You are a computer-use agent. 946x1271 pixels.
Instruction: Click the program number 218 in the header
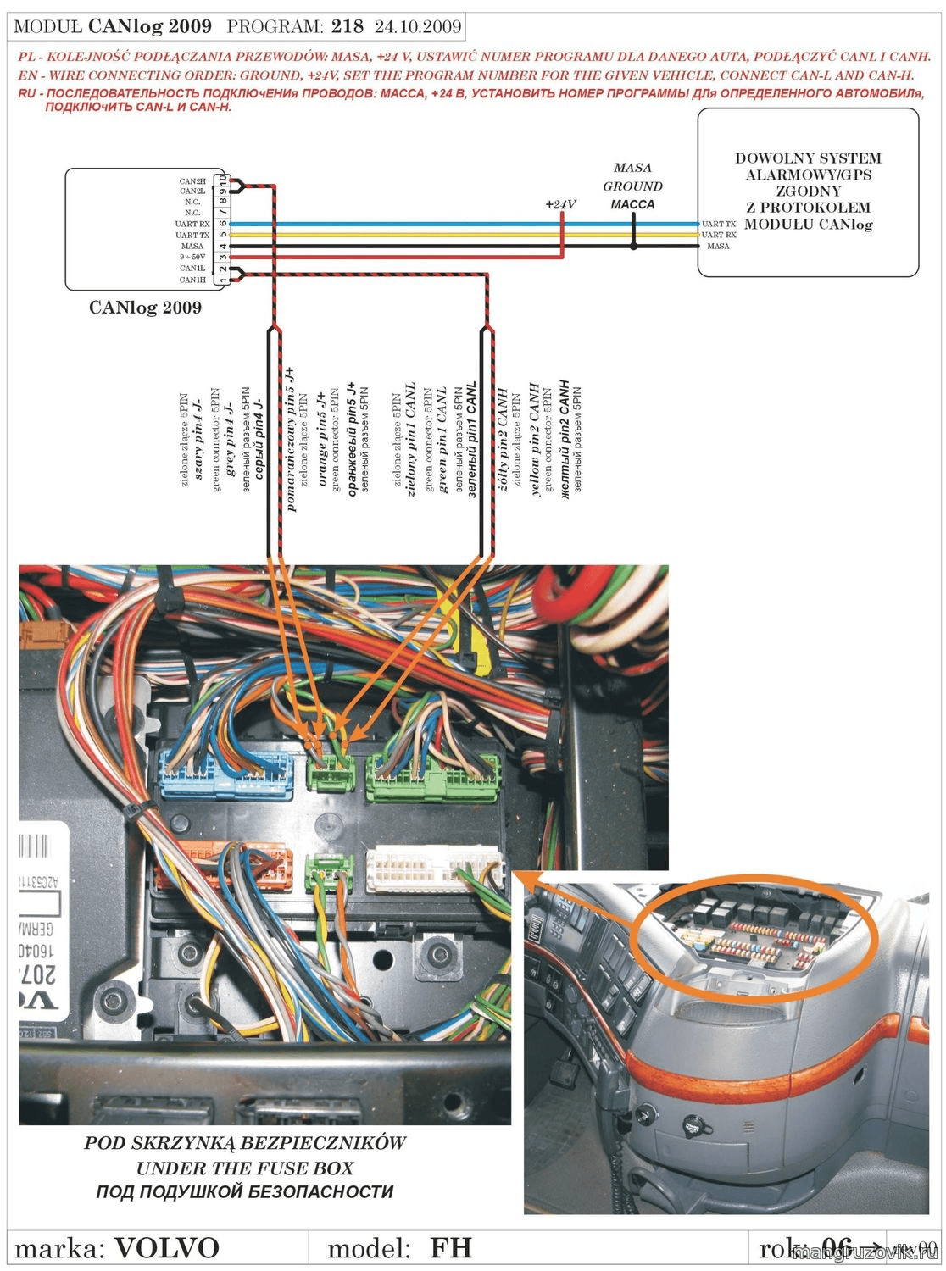coord(348,26)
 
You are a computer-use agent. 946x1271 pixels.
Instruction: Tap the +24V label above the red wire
coord(560,204)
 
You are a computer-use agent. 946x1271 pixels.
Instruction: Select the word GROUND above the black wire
coord(632,186)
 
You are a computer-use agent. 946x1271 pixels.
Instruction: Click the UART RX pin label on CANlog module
coord(192,224)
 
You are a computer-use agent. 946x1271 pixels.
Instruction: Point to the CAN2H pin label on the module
coord(192,181)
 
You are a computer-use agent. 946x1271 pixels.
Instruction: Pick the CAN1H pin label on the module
coord(192,280)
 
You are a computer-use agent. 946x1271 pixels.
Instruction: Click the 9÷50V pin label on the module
coord(192,257)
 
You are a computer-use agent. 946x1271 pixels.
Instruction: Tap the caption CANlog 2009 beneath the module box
coord(145,308)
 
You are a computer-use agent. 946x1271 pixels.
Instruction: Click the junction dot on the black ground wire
coord(633,247)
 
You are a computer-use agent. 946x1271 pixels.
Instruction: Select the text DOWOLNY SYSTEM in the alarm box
coord(808,158)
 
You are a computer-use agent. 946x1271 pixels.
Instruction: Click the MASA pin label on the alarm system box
coord(718,247)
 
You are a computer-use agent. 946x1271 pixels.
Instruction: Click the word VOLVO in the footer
coord(166,1248)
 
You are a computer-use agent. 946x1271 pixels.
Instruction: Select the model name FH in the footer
coord(450,1248)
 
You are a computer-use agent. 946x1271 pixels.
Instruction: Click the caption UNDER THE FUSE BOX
coord(245,1168)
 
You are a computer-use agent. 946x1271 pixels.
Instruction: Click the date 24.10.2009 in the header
coord(418,26)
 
